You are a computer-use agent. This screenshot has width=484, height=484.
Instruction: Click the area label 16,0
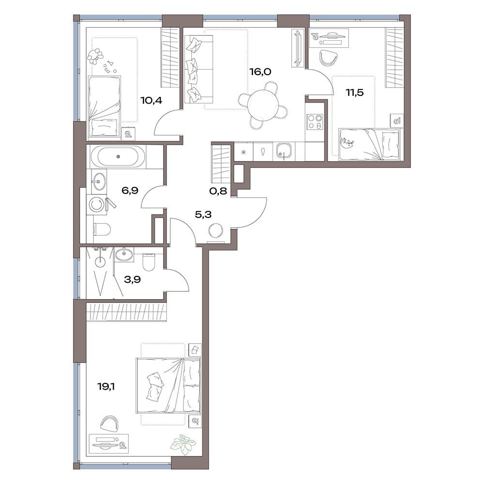point(260,72)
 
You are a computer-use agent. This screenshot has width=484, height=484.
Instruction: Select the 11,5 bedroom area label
point(355,92)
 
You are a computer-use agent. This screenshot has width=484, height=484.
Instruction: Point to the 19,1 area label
point(106,386)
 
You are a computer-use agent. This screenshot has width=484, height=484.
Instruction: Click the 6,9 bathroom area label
point(130,190)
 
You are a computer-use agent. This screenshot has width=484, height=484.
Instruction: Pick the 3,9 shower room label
point(132,279)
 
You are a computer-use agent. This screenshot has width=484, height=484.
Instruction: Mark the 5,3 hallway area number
point(203,214)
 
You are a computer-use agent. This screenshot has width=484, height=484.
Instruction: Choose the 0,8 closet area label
point(218,191)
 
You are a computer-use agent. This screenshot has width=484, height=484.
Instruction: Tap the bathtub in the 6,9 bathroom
point(118,156)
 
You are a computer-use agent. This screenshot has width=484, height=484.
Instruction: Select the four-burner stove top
point(315,121)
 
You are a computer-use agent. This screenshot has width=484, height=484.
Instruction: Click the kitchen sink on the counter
point(282,151)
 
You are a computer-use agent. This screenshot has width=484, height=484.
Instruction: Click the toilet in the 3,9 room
point(148,261)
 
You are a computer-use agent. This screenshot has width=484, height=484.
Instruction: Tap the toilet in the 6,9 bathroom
point(102,229)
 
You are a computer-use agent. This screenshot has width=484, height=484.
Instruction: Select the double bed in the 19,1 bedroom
point(168,385)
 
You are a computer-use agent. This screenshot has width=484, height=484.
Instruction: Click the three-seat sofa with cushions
point(199,69)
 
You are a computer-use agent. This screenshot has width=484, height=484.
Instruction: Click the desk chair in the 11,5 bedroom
point(328,58)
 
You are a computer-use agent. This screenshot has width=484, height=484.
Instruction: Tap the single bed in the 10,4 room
point(104,106)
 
